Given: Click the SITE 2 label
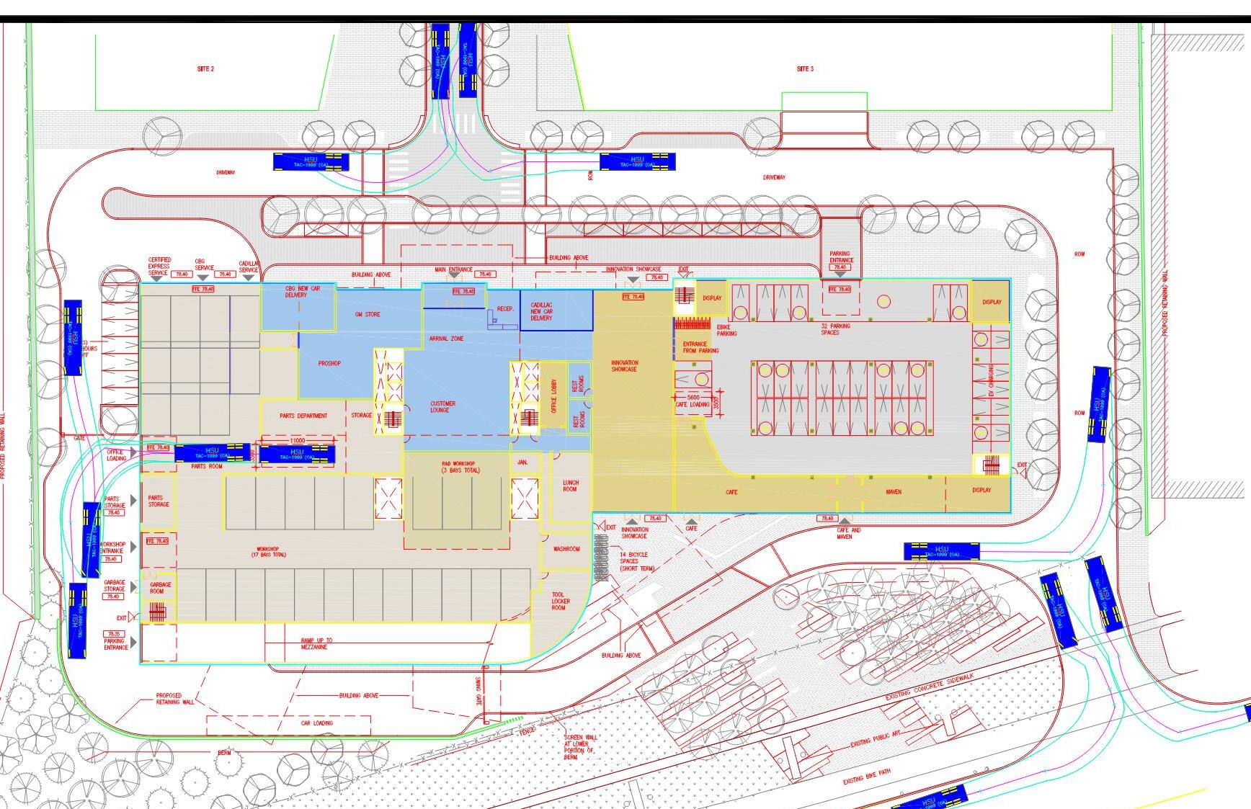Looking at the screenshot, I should click(205, 69).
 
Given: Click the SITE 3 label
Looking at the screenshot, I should click(805, 69).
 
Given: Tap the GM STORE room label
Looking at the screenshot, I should click(368, 315).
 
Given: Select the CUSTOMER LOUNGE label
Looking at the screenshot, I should click(442, 407).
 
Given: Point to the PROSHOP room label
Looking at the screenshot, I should click(329, 364).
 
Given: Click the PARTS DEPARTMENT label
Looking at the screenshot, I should click(303, 416).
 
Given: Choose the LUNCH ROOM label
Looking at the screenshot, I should click(571, 486).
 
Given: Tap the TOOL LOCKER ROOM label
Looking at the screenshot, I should click(560, 602).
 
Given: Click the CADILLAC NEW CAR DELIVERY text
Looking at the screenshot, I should click(542, 312).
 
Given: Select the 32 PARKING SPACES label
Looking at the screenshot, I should click(834, 329).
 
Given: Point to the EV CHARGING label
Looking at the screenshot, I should click(992, 380).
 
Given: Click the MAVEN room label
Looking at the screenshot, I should click(894, 492).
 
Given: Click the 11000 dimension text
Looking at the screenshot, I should click(298, 440).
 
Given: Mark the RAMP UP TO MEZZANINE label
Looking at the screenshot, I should click(316, 643).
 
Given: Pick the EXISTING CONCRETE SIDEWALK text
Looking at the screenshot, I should click(930, 687).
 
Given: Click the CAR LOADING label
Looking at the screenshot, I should click(316, 723).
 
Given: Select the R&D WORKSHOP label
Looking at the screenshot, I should click(459, 467).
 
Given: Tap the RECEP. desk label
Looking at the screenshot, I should click(505, 309).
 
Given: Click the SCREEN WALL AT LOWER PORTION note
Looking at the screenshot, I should click(580, 747).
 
